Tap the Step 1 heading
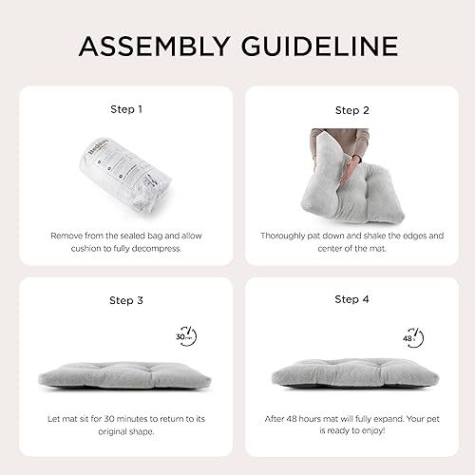126,109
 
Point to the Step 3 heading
126,299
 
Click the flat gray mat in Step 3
126,375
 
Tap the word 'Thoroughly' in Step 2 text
286,234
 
